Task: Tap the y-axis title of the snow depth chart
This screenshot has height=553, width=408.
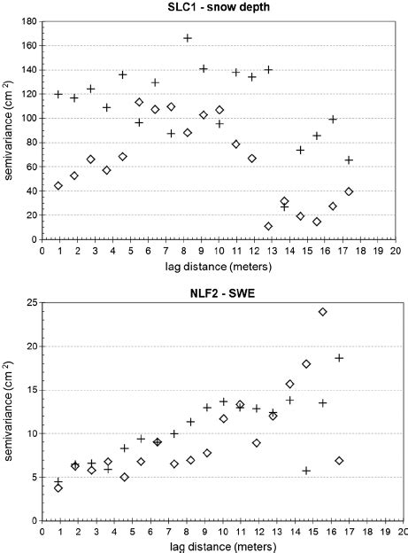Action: pos(9,129)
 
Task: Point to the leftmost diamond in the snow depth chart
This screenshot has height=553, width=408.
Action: pos(58,186)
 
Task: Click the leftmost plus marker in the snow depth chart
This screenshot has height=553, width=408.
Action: pos(58,94)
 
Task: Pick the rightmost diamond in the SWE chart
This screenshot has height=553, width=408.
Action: pos(339,461)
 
